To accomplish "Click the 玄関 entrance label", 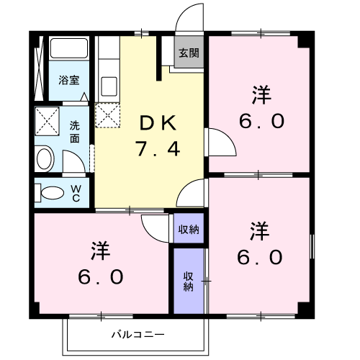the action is [x=189, y=53].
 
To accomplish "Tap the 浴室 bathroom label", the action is [x=69, y=80].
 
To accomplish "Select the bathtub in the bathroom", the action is [x=69, y=48].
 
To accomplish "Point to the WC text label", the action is [x=76, y=194].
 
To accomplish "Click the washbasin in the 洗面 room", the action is [x=45, y=158].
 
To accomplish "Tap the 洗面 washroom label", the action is [x=75, y=132].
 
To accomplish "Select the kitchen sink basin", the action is [x=109, y=86].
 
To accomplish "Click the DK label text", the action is [x=158, y=122].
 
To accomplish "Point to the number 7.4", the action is [x=158, y=148].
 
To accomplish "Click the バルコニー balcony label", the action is [x=138, y=334].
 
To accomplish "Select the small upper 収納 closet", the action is [x=189, y=228].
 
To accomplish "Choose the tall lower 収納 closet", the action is [x=189, y=281].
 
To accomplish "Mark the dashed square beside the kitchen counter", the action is [x=107, y=115].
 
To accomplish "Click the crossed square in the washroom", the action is [x=47, y=121].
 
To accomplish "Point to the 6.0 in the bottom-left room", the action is [x=101, y=276].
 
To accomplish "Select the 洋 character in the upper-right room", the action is [x=261, y=95].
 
